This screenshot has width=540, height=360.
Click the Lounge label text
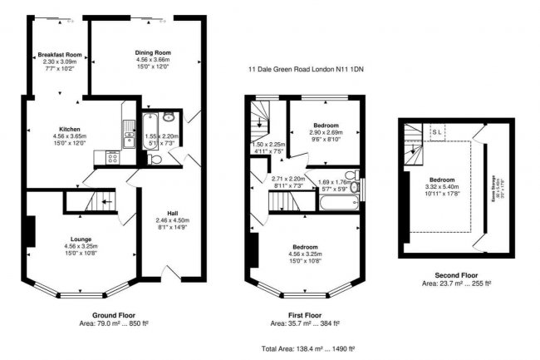(81, 239)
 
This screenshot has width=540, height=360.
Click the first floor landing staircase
(260, 126)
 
